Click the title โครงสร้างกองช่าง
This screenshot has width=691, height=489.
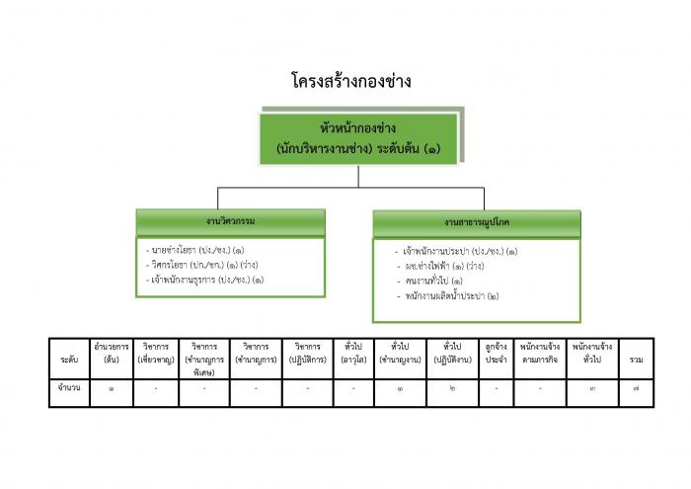click(351, 81)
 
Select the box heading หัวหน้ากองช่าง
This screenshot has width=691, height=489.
click(357, 128)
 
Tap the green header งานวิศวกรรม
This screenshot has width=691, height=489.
click(230, 221)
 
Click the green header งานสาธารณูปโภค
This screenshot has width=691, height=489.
click(477, 222)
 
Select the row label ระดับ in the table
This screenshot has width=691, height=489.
click(70, 360)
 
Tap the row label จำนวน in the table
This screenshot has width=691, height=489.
click(69, 387)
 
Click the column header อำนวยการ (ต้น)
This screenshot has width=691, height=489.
click(112, 353)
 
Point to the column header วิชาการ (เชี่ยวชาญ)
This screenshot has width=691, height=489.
click(156, 353)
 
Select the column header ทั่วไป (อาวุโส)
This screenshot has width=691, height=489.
click(353, 353)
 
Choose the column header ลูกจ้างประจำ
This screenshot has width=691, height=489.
click(497, 353)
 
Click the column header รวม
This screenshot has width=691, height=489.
click(637, 360)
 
